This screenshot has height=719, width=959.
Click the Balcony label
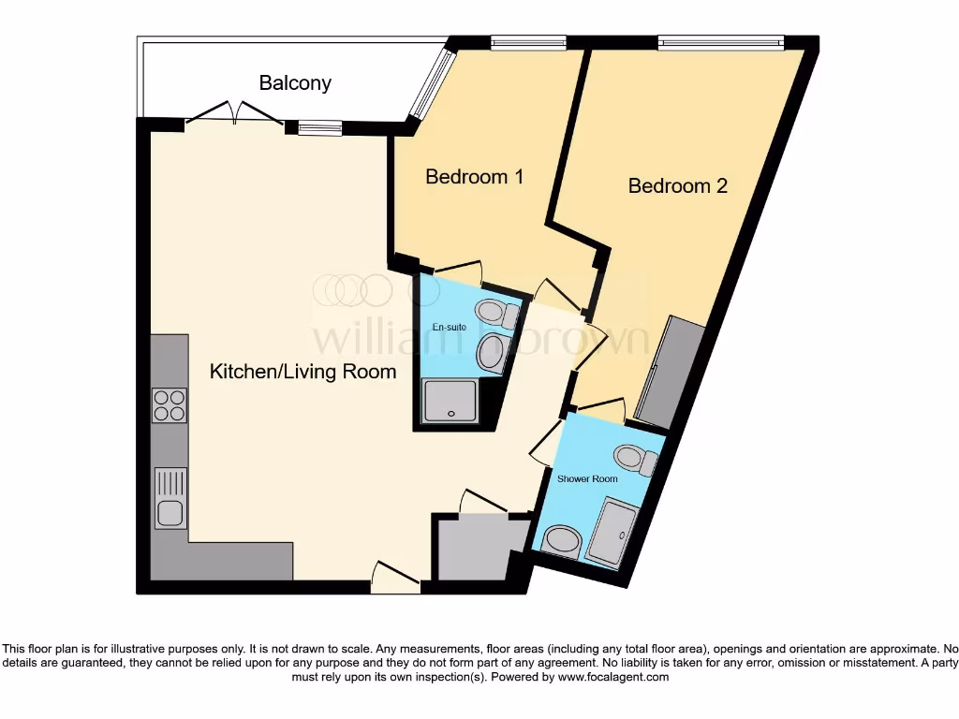(295, 82)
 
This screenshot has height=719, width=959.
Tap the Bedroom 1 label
(474, 176)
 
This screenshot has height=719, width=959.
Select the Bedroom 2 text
(677, 185)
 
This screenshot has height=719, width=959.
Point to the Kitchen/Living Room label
(302, 372)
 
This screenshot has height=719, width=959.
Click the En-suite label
(449, 327)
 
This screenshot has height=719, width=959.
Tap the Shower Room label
(587, 478)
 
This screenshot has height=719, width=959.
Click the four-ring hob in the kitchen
(170, 404)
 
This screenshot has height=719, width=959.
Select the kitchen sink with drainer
(170, 498)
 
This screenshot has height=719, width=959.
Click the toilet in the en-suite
(496, 314)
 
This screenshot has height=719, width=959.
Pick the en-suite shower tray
(453, 401)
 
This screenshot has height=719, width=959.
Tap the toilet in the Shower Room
(636, 459)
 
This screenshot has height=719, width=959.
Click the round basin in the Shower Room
(562, 541)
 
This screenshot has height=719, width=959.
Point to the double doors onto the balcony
(234, 114)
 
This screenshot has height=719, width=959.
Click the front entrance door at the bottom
(395, 579)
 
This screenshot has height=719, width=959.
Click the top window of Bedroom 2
(720, 42)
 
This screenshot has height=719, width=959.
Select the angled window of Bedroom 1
(430, 85)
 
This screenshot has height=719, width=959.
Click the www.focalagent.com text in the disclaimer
(613, 677)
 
